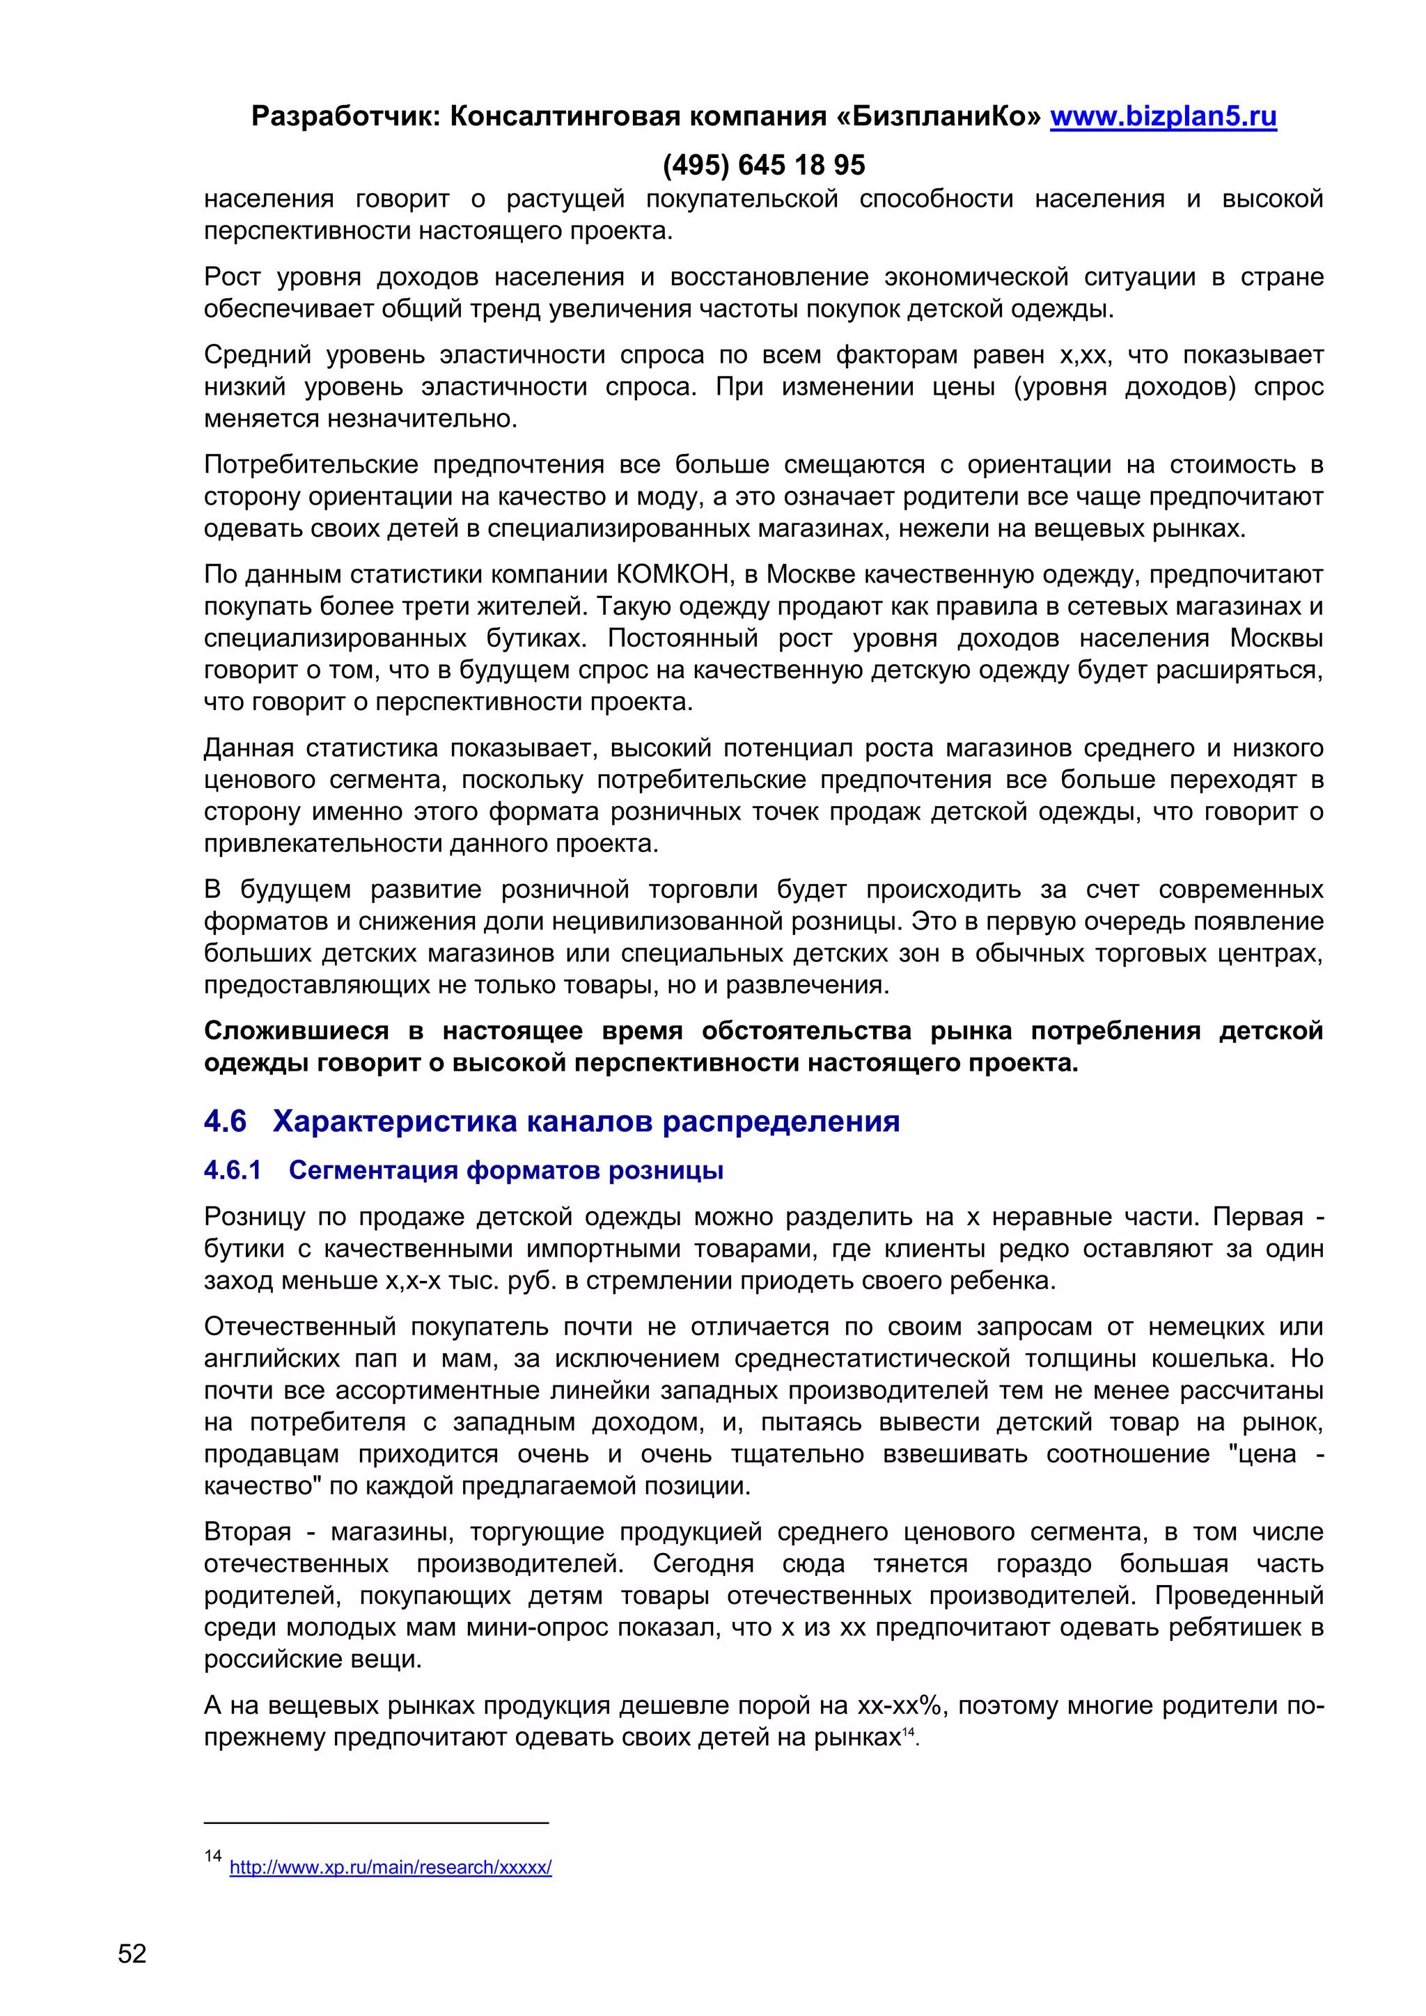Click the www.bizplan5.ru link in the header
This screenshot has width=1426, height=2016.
pos(1163,117)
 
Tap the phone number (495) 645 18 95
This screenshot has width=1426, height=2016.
pos(763,165)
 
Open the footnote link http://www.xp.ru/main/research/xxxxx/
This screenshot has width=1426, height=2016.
pos(391,1868)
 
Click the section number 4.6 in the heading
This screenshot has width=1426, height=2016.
pos(226,1121)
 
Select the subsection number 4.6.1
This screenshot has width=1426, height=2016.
pos(233,1170)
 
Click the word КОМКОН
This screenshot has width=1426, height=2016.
pos(673,574)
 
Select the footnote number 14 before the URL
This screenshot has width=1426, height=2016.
pos(212,1855)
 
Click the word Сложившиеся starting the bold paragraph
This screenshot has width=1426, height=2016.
pos(296,1031)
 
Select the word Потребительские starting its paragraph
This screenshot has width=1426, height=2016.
pos(309,464)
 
